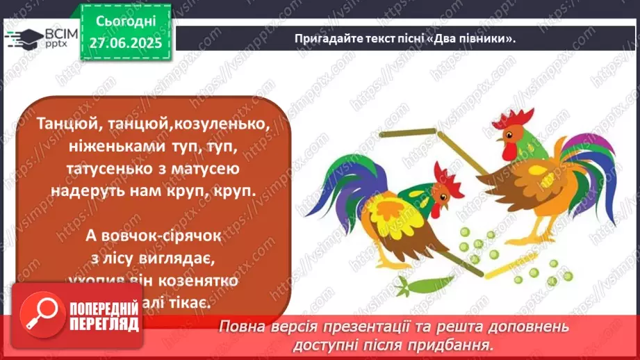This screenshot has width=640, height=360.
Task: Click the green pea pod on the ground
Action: click(x=420, y=285)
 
